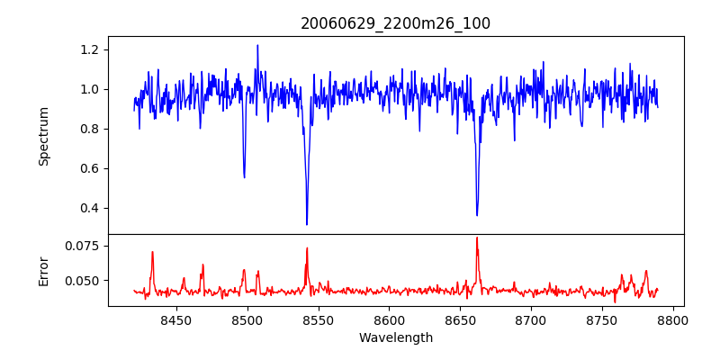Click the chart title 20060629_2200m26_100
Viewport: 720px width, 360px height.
[396, 23]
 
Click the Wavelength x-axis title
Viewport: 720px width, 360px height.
[396, 338]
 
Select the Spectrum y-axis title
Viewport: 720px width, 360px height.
[44, 136]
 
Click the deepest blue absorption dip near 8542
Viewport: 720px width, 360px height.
[307, 224]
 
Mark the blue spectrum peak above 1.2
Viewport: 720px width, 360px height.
[257, 45]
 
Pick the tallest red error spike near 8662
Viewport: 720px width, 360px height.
[477, 238]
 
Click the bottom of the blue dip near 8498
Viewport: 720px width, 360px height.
[244, 176]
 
